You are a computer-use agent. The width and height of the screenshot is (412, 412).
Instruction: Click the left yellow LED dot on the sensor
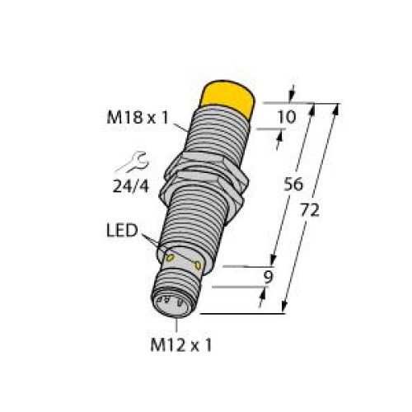coord(170,259)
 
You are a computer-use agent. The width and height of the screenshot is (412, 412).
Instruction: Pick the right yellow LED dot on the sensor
coord(198,265)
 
